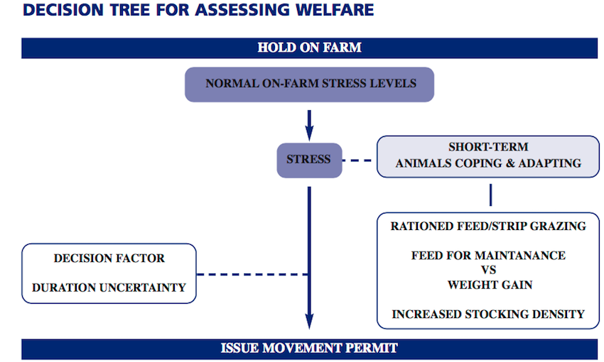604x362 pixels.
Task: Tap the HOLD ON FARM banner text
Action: click(309, 48)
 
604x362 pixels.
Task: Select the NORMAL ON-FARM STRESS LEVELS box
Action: click(310, 84)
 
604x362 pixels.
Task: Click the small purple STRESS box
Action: click(308, 160)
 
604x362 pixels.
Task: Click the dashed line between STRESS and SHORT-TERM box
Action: click(357, 160)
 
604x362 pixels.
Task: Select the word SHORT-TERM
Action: click(488, 148)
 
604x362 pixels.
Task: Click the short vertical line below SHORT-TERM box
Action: click(490, 195)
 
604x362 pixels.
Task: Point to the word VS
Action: click(488, 270)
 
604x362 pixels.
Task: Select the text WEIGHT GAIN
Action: click(488, 285)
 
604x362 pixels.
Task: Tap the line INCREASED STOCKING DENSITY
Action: click(488, 314)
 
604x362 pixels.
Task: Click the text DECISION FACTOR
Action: click(109, 258)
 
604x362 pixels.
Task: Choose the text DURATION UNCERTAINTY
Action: click(109, 287)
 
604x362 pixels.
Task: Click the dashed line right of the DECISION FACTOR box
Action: click(250, 274)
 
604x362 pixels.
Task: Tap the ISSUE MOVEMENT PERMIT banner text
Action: click(309, 349)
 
